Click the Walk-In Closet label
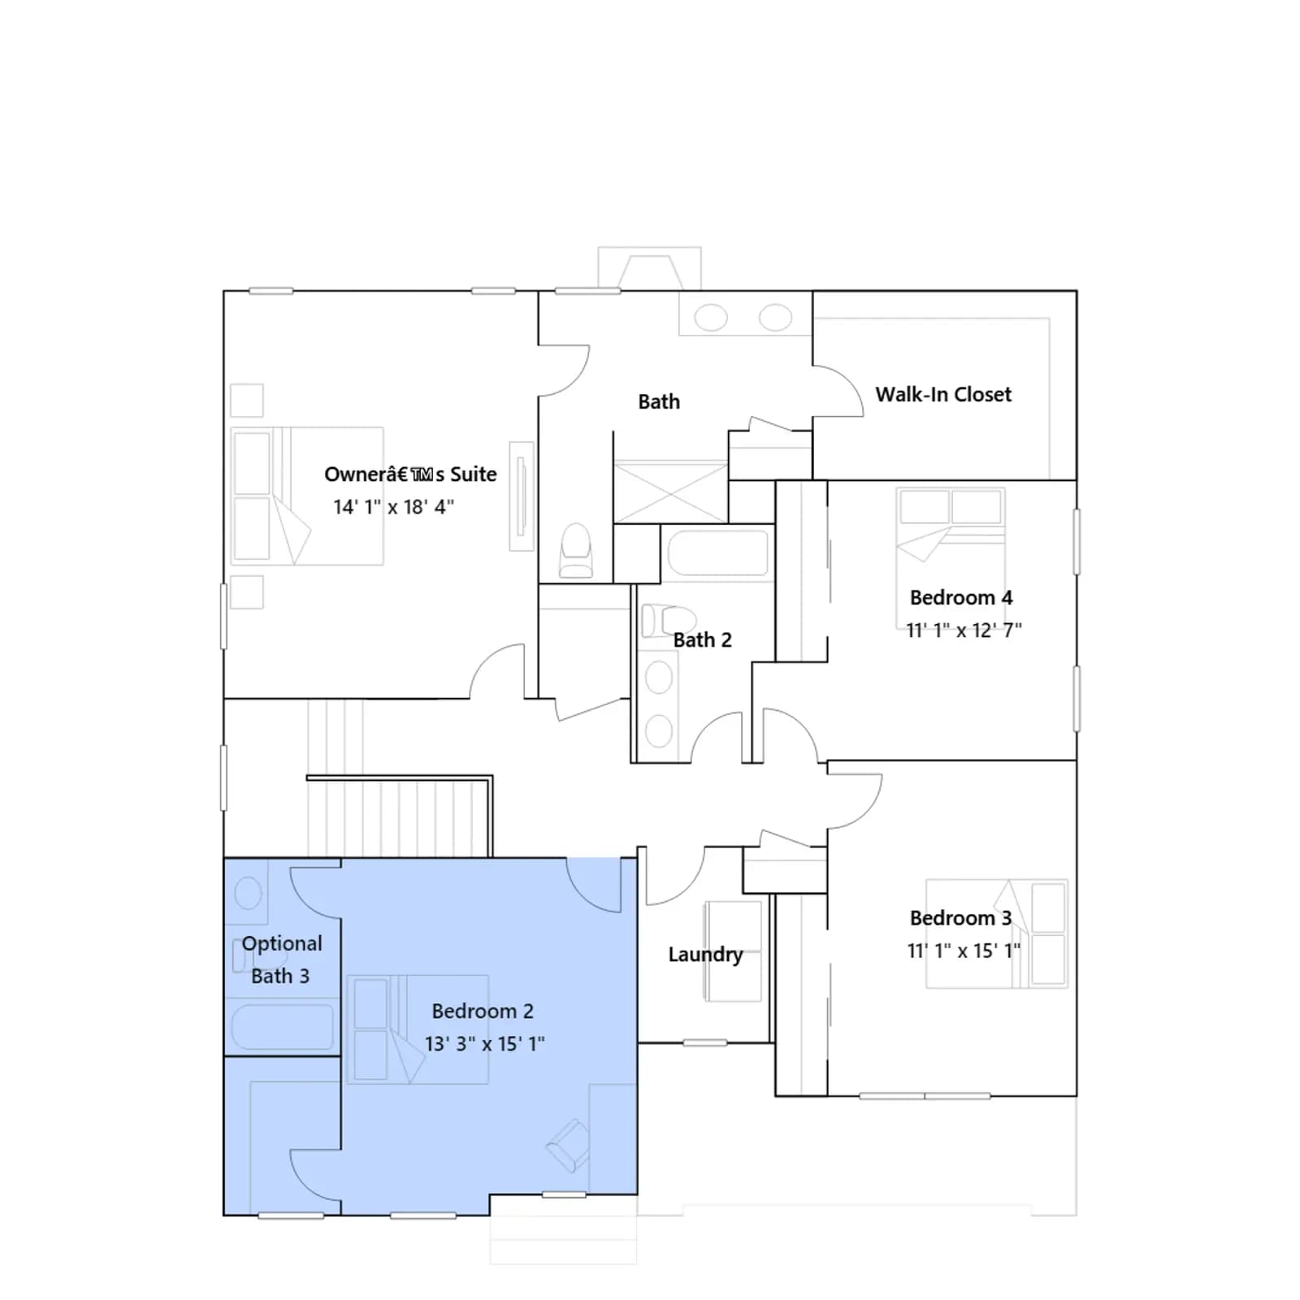[943, 395]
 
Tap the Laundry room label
[705, 955]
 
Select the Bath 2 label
[702, 640]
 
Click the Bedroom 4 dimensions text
[964, 630]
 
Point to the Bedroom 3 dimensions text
[964, 951]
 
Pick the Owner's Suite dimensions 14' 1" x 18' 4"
[393, 507]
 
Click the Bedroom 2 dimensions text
[484, 1043]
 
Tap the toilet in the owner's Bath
[576, 551]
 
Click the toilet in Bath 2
[668, 622]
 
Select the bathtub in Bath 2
[717, 553]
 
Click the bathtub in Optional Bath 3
[282, 1027]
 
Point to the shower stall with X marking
[670, 492]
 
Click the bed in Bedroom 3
[997, 934]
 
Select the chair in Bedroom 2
[568, 1146]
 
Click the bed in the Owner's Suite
[307, 496]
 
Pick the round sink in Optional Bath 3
[248, 894]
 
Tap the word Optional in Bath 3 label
[282, 944]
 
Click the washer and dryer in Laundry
[733, 951]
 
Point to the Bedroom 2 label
[483, 1012]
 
